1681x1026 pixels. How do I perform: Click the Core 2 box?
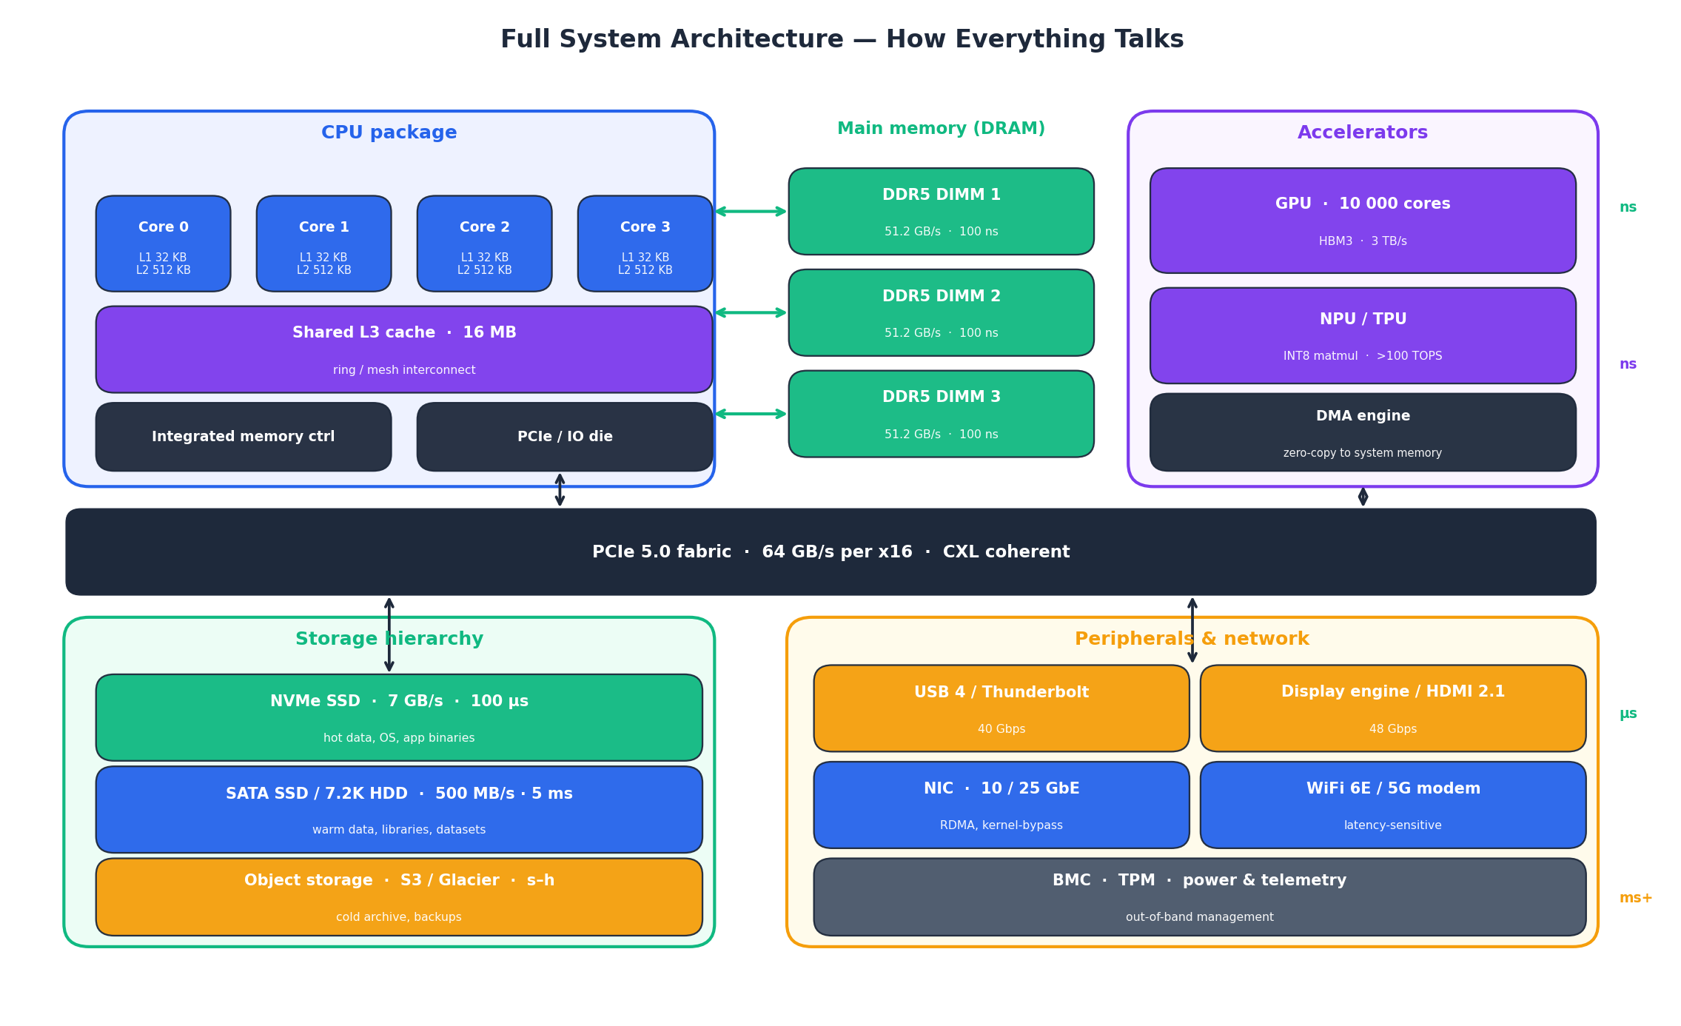tap(484, 243)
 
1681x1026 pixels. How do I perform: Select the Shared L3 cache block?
tap(403, 349)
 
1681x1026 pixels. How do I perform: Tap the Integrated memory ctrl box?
tap(243, 437)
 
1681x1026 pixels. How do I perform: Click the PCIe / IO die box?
tap(564, 437)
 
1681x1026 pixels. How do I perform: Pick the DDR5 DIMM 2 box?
tap(941, 312)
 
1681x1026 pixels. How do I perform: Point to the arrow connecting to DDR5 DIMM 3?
tap(751, 414)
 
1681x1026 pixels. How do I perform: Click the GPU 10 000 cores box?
tap(1362, 220)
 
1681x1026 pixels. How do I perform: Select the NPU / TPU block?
tap(1362, 335)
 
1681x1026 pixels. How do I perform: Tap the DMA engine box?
tap(1362, 432)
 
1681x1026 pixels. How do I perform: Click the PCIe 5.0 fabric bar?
tap(831, 551)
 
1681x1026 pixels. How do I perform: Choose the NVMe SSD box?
tap(398, 717)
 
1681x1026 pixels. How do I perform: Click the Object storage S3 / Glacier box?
tap(398, 896)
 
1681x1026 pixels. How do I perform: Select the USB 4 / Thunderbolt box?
tap(1001, 708)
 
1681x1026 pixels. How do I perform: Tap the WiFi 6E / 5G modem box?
tap(1392, 805)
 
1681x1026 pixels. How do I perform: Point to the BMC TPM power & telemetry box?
tap(1199, 896)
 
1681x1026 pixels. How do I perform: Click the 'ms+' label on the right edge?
tap(1635, 898)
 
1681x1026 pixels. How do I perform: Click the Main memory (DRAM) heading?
tap(941, 129)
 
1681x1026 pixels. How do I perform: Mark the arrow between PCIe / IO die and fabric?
tap(560, 490)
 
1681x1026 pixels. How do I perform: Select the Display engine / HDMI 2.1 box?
tap(1392, 708)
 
